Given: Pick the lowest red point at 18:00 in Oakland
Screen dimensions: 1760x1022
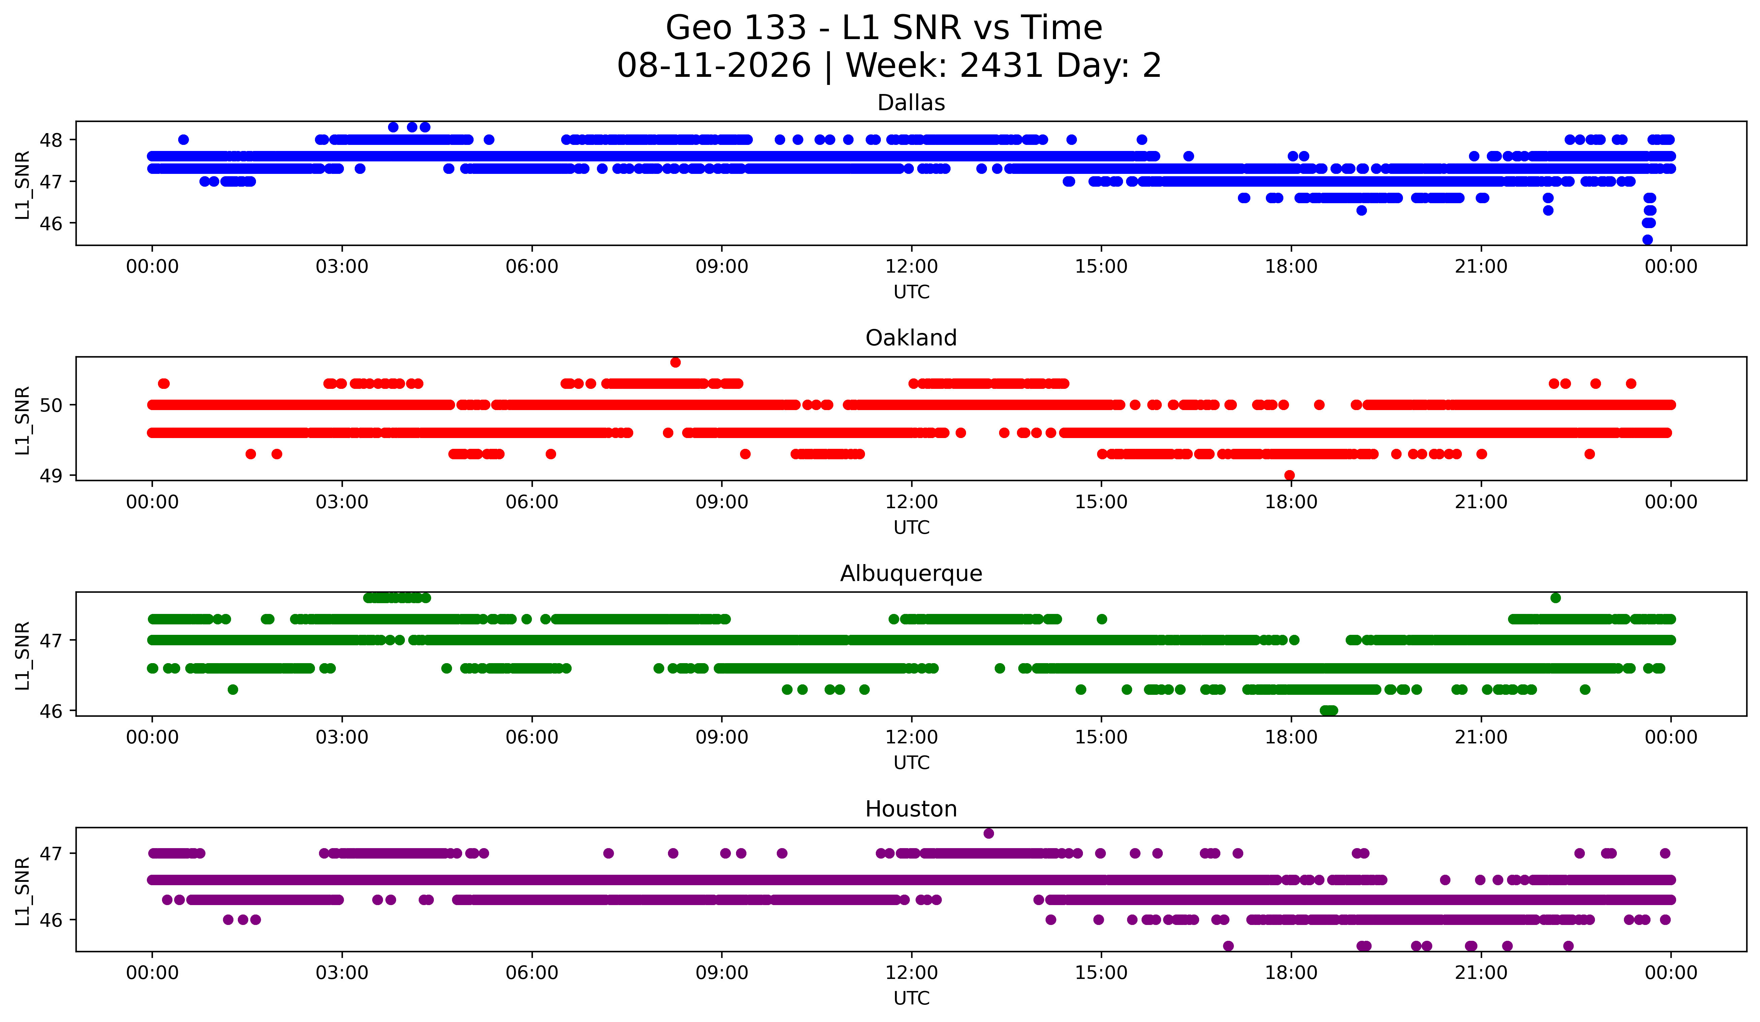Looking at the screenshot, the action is tap(1289, 475).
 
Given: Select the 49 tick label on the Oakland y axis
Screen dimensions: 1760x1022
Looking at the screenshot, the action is tap(50, 476).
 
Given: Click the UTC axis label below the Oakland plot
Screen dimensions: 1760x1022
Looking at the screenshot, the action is tap(911, 527).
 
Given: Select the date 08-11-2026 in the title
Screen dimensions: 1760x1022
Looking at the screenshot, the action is tap(714, 66).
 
